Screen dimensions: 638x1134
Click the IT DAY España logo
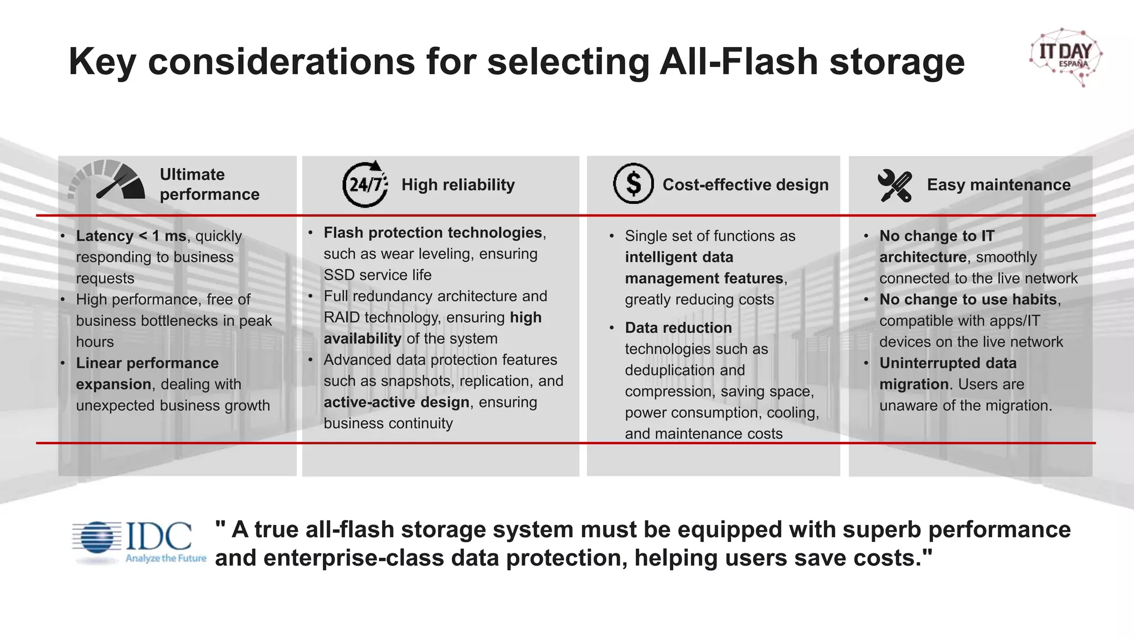[x=1066, y=56]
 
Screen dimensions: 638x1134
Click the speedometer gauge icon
[x=107, y=180]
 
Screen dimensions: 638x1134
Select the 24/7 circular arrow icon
[x=365, y=184]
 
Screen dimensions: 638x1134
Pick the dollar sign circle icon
[x=633, y=183]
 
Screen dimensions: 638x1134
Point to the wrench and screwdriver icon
[x=894, y=186]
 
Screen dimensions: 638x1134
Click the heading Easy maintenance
[x=998, y=184]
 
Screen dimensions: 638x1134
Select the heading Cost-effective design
[x=745, y=184]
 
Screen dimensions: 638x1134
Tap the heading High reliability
[x=458, y=184]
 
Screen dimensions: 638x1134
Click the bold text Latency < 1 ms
[x=131, y=236]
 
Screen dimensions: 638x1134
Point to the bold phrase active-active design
[x=396, y=402]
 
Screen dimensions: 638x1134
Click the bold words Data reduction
[x=678, y=328]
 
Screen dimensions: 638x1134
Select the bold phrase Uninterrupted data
[x=948, y=363]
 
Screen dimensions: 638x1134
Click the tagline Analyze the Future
[x=166, y=558]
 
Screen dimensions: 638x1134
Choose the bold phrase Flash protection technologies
[x=432, y=233]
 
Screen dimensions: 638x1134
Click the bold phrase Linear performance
[x=147, y=363]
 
